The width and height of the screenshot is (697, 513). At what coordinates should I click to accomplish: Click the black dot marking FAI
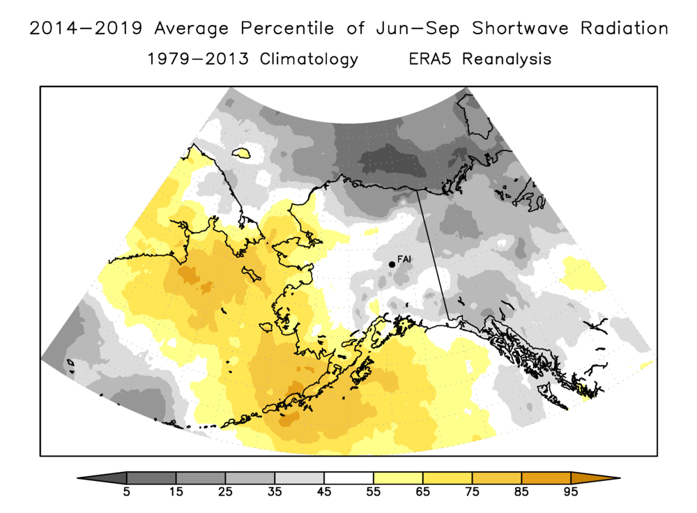(392, 263)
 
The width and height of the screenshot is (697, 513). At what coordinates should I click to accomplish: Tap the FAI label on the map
(404, 260)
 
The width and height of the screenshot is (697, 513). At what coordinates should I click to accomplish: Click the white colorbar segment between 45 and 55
(348, 478)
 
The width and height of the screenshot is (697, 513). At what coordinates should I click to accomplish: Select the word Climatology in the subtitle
(309, 59)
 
